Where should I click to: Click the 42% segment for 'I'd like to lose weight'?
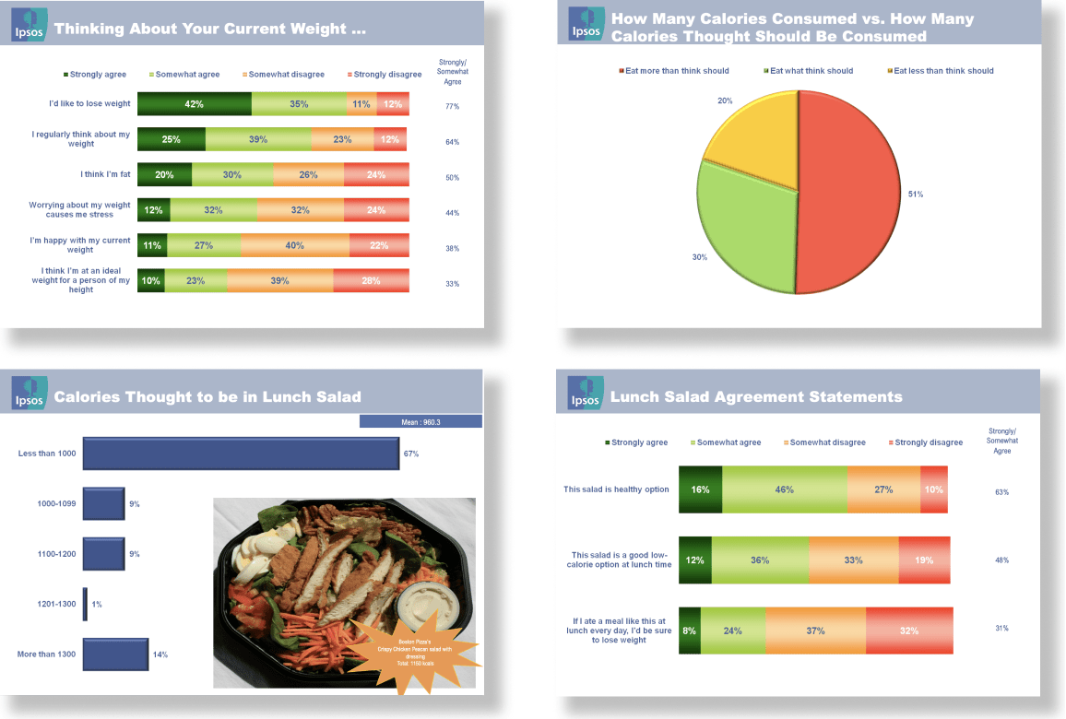194,104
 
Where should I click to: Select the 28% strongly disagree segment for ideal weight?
371,280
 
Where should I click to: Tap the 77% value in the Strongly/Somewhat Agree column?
452,106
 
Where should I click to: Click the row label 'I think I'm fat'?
105,174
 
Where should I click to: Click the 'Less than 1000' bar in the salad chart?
241,454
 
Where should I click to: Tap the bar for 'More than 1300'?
115,654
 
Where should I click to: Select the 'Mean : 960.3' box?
420,421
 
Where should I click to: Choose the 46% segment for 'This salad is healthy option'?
784,489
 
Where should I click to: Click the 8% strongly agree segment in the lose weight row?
689,631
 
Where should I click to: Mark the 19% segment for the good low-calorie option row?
923,560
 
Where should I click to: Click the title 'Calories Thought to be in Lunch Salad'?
207,397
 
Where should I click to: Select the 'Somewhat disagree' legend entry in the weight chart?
284,75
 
